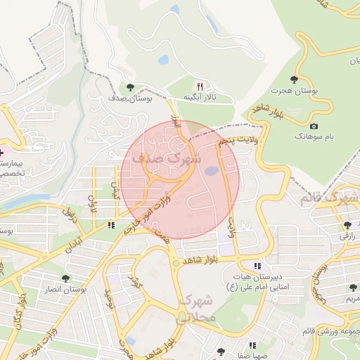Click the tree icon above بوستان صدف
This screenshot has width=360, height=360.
tap(129, 87)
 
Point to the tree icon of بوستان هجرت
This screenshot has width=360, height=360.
tap(293, 79)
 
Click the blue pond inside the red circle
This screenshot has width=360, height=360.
tap(211, 171)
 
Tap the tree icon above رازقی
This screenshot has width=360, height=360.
tap(348, 225)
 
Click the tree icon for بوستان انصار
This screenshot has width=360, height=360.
tap(66, 278)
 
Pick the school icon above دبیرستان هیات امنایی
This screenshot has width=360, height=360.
tap(257, 266)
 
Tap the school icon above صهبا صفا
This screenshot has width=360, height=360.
tap(252, 345)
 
